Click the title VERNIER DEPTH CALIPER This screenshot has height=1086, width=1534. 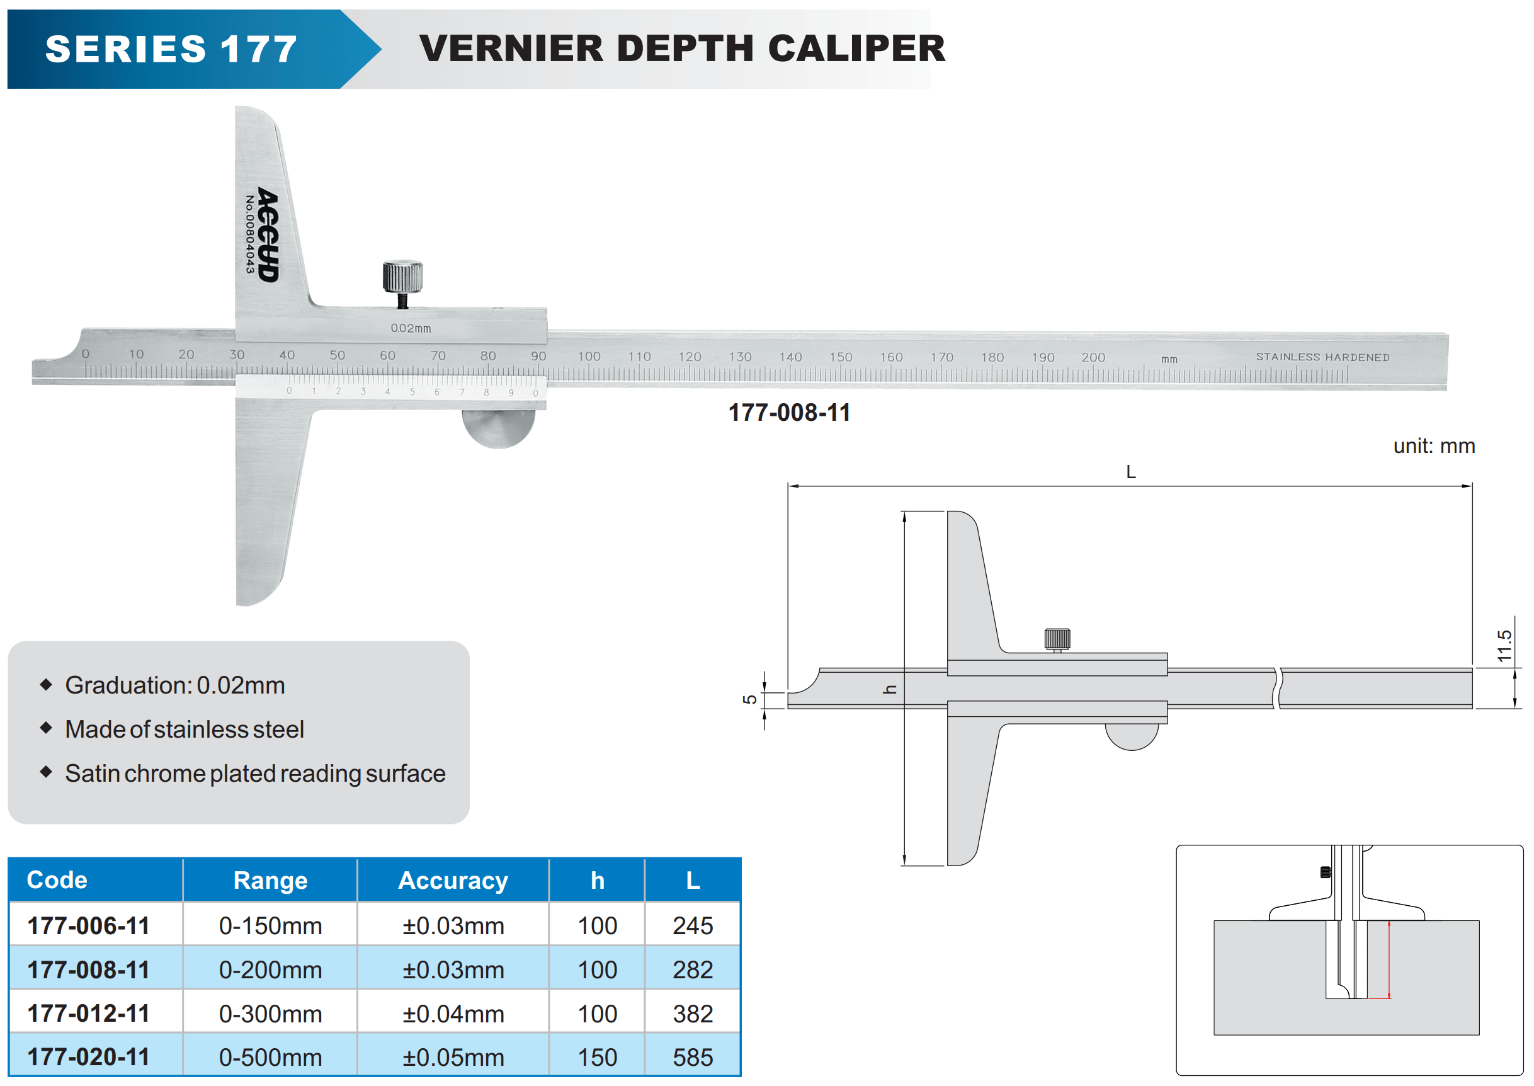point(682,48)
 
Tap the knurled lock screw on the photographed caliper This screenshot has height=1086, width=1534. point(402,277)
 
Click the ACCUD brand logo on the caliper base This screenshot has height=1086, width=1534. point(268,234)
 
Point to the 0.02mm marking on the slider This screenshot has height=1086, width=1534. point(411,328)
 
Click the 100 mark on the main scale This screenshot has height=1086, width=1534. point(589,357)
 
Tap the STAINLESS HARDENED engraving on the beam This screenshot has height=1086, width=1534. point(1322,357)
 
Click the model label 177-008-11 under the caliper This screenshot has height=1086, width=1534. point(788,413)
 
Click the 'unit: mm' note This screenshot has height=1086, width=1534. point(1434,446)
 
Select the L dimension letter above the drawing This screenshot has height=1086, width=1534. point(1130,472)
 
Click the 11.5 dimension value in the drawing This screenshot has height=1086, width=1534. point(1504,645)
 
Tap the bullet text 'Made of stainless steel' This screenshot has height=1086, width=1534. point(185,729)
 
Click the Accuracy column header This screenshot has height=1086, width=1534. point(453,880)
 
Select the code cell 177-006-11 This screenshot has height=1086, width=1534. point(88,925)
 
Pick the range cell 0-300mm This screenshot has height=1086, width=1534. point(270,1014)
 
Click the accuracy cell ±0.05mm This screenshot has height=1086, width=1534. point(453,1057)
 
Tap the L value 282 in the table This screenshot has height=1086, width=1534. point(693,969)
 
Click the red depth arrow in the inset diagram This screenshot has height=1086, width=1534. point(1389,959)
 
